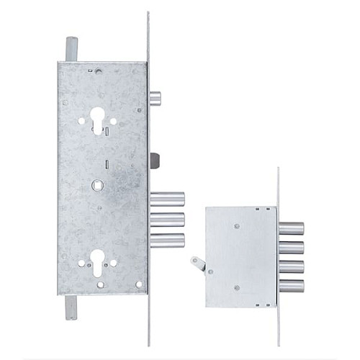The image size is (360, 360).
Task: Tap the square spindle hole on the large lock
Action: pyautogui.click(x=99, y=186)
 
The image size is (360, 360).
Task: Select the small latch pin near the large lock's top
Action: pyautogui.click(x=155, y=98)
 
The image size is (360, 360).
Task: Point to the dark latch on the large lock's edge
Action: pyautogui.click(x=153, y=159)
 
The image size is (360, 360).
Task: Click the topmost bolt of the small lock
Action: pyautogui.click(x=291, y=229)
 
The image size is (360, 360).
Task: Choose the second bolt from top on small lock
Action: pyautogui.click(x=291, y=248)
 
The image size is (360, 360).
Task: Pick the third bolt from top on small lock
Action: pyautogui.click(x=291, y=267)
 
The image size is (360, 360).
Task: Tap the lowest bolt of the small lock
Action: pyautogui.click(x=291, y=286)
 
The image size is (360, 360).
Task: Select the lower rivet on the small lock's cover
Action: pyautogui.click(x=237, y=288)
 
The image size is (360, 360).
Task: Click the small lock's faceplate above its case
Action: pyautogui.click(x=279, y=187)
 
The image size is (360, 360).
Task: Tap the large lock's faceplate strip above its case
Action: pyautogui.click(x=148, y=36)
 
